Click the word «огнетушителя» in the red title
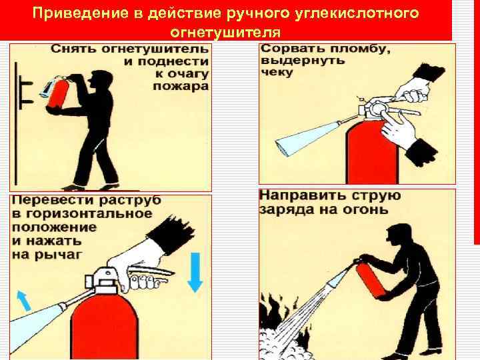click(x=225, y=33)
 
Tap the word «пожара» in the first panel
click(x=181, y=86)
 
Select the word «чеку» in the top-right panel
click(x=277, y=73)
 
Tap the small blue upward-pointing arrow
click(x=24, y=301)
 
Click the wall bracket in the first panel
click(x=26, y=92)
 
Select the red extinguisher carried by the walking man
click(x=58, y=93)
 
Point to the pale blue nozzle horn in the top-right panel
click(x=307, y=139)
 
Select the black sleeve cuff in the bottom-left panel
click(x=171, y=235)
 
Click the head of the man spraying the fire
click(x=398, y=235)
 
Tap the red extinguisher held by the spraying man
click(x=370, y=279)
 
